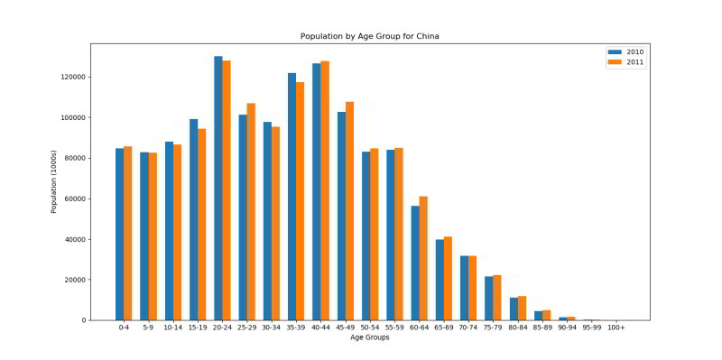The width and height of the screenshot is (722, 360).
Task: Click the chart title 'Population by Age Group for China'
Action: pos(369,37)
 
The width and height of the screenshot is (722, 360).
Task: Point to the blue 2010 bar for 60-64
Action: pos(415,263)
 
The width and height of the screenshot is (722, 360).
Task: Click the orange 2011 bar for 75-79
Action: pos(497,298)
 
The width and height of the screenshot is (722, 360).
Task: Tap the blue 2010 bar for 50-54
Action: pos(366,235)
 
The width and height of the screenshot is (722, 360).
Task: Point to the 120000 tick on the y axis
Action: pos(72,77)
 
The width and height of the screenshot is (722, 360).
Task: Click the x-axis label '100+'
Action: pos(616,328)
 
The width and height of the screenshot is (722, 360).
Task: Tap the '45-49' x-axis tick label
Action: pos(346,328)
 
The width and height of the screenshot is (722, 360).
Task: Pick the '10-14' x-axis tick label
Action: pos(173,328)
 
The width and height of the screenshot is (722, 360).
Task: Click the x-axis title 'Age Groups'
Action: pos(369,337)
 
